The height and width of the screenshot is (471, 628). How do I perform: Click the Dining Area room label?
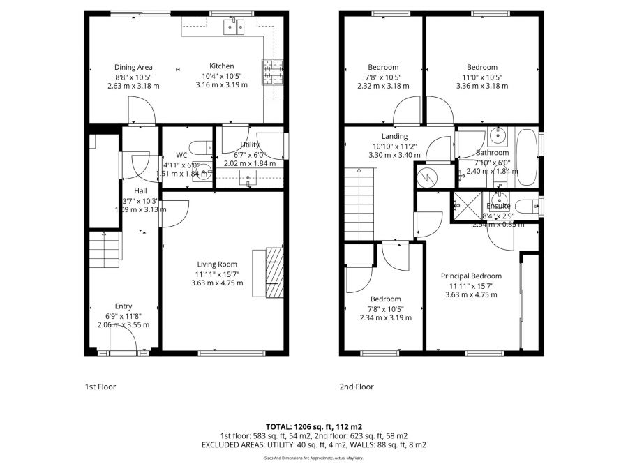(x=133, y=67)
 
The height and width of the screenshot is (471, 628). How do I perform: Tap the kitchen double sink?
(x=232, y=27)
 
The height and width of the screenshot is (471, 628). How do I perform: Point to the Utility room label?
(x=249, y=144)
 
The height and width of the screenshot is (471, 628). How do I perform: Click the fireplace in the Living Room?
(x=274, y=273)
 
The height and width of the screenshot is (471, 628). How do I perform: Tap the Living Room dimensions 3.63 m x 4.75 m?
(x=217, y=283)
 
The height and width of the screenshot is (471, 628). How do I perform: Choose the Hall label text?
(x=140, y=190)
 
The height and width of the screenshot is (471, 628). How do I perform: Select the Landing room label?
(x=394, y=136)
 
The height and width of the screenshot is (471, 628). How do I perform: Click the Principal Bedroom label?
(x=471, y=276)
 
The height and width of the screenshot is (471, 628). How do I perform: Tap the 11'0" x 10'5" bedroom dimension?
(x=482, y=77)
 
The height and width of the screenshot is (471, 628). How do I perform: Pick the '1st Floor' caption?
(x=100, y=387)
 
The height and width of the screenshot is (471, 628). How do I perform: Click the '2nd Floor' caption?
(x=357, y=387)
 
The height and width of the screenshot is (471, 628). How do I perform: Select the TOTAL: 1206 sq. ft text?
(x=313, y=426)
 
